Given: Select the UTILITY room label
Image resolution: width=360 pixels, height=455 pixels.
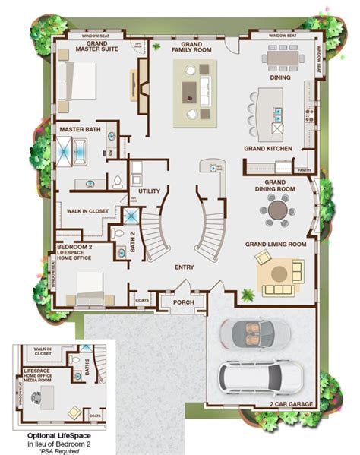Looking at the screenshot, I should point(149,191).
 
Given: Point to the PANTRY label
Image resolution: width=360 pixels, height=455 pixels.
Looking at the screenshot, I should point(305,169).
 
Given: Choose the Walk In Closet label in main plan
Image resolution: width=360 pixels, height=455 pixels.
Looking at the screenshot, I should point(88,210).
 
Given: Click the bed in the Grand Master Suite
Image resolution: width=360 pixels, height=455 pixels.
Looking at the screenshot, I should point(77,81).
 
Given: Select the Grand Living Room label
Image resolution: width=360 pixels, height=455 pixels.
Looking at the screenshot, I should point(275,245).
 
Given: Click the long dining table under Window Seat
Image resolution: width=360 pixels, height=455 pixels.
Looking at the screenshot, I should point(285,57).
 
